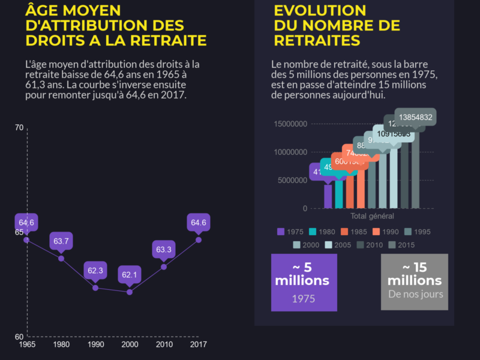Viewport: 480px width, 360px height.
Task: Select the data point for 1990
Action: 95,288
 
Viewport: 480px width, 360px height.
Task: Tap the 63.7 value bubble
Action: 61,241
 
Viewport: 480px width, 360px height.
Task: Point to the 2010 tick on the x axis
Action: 164,344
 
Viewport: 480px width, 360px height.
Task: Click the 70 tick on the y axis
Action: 19,128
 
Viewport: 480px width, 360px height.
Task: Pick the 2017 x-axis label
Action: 199,344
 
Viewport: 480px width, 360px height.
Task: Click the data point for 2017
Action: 199,240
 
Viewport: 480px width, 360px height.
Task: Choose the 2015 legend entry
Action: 401,245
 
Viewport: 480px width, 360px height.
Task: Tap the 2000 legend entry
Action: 305,245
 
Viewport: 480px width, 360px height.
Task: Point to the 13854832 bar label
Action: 415,118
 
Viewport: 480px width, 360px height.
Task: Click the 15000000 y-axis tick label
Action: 290,124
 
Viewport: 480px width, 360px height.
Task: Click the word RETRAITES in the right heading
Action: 317,40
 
